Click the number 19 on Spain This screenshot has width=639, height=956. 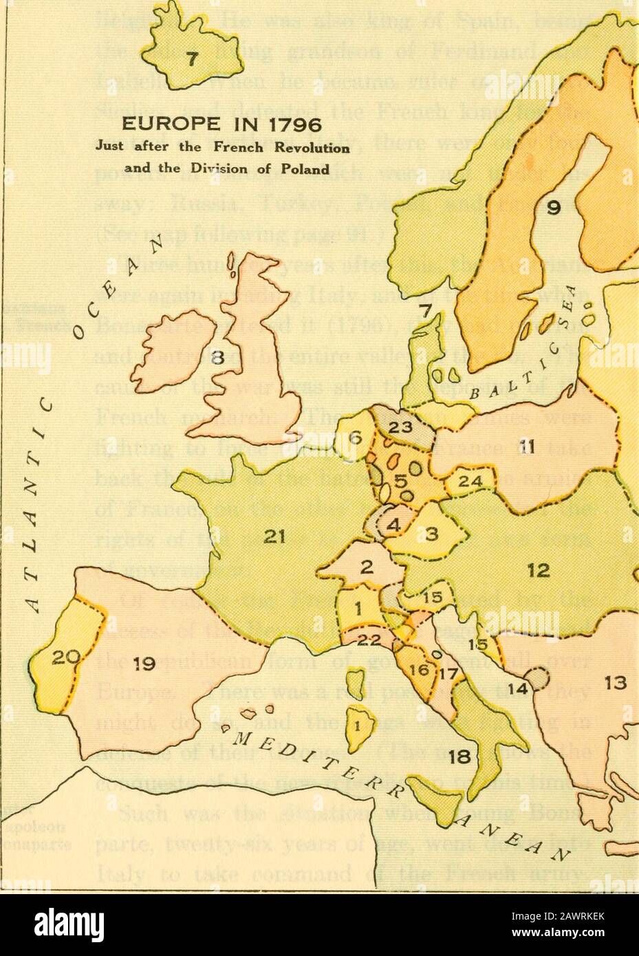point(142,665)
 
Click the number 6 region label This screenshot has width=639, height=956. point(355,436)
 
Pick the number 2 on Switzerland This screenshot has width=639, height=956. point(367,568)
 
